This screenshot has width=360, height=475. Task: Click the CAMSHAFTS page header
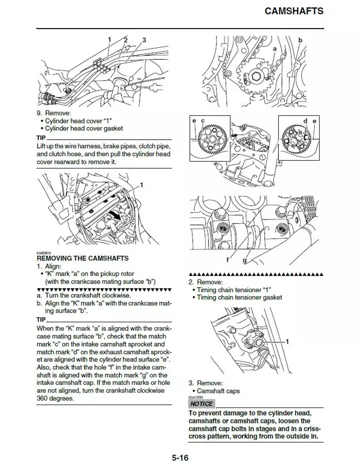pyautogui.click(x=294, y=10)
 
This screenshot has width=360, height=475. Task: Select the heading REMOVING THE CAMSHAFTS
pyautogui.click(x=83, y=258)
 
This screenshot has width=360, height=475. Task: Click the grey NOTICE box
pyautogui.click(x=201, y=404)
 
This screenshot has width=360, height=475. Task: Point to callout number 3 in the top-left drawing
pyautogui.click(x=144, y=40)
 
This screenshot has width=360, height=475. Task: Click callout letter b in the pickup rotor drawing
pyautogui.click(x=300, y=40)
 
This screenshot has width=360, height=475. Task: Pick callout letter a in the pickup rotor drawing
pyautogui.click(x=274, y=48)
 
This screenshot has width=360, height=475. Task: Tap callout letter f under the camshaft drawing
pyautogui.click(x=227, y=260)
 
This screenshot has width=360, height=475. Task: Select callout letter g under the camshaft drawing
pyautogui.click(x=245, y=260)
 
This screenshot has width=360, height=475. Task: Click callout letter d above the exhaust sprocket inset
pyautogui.click(x=305, y=121)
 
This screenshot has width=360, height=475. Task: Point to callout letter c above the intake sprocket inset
pyautogui.click(x=203, y=121)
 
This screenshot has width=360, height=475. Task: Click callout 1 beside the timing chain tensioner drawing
pyautogui.click(x=287, y=341)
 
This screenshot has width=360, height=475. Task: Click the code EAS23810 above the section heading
pyautogui.click(x=44, y=253)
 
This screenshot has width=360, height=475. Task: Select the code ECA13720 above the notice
pyautogui.click(x=195, y=397)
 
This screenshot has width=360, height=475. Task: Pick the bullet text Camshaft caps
pyautogui.click(x=218, y=391)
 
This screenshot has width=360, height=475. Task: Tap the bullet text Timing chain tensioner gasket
pyautogui.click(x=239, y=297)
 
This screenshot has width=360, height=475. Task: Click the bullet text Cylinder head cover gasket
pyautogui.click(x=84, y=128)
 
